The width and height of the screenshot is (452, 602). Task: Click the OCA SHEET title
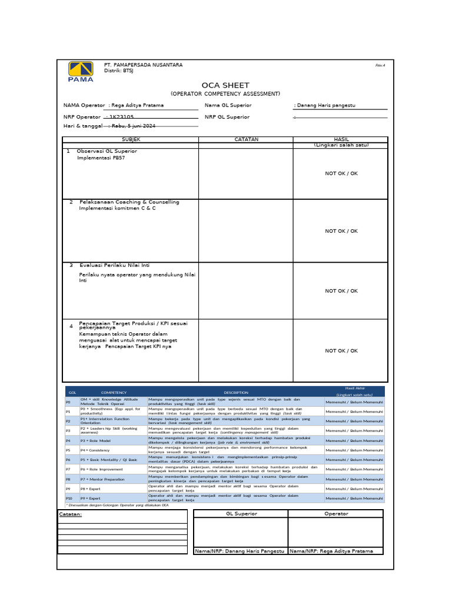pyautogui.click(x=225, y=85)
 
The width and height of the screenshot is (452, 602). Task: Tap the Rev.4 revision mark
pyautogui.click(x=380, y=65)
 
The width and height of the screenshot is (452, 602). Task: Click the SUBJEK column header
pyautogui.click(x=131, y=139)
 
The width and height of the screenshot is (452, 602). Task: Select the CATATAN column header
pyautogui.click(x=246, y=139)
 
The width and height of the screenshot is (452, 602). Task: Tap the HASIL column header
pyautogui.click(x=341, y=139)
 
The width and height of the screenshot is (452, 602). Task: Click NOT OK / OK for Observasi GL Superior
pyautogui.click(x=341, y=173)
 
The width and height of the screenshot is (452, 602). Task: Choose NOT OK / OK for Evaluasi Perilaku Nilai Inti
pyautogui.click(x=341, y=290)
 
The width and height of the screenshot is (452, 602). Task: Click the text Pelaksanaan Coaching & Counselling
pyautogui.click(x=129, y=202)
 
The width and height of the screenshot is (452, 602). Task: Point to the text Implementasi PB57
pyautogui.click(x=101, y=158)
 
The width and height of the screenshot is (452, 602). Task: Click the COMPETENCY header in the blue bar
pyautogui.click(x=114, y=393)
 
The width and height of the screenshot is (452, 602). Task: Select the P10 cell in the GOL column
pyautogui.click(x=69, y=498)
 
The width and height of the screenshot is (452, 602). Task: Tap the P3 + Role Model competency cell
pyautogui.click(x=97, y=440)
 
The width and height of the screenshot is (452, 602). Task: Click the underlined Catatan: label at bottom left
pyautogui.click(x=71, y=514)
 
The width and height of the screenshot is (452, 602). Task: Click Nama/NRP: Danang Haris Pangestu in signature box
pyautogui.click(x=240, y=551)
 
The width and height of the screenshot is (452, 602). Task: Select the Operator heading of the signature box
pyautogui.click(x=335, y=513)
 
